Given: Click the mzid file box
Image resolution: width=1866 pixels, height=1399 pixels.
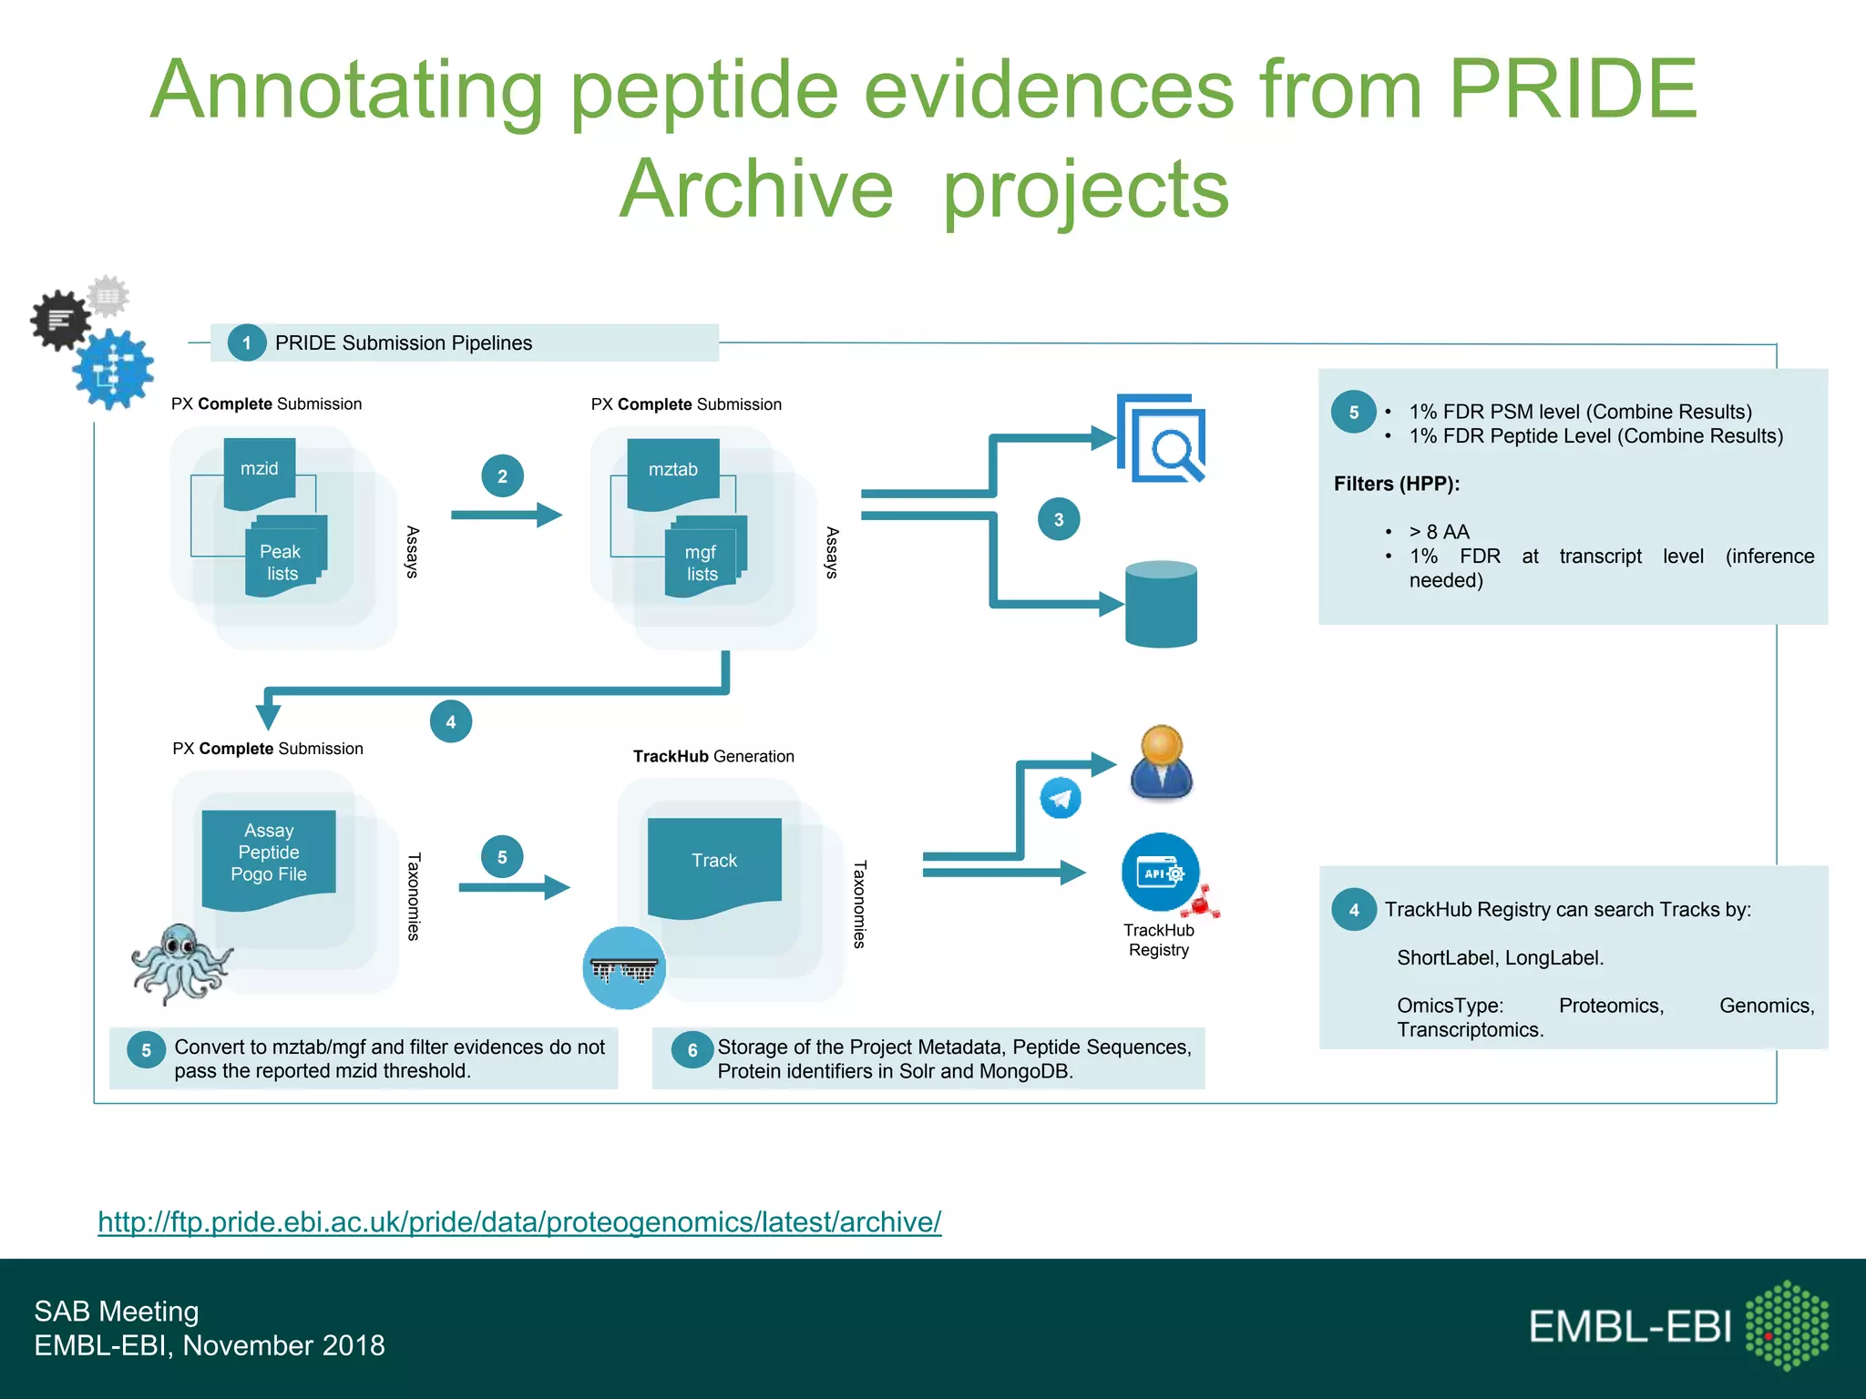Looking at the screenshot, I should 260,470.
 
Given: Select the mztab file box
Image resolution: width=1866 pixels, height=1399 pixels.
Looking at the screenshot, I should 673,471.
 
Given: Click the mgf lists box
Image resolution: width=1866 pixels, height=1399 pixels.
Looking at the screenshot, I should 702,563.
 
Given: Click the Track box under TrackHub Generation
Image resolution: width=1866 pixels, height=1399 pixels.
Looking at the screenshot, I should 714,862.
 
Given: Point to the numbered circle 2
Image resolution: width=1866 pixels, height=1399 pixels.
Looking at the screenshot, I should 502,476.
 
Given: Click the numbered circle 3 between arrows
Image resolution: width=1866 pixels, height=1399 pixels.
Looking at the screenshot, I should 1059,520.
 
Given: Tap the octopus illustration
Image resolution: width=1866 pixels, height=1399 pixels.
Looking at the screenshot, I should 180,964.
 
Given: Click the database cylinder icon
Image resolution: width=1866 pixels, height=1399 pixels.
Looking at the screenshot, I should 1161,605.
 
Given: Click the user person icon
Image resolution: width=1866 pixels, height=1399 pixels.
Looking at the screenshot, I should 1162,763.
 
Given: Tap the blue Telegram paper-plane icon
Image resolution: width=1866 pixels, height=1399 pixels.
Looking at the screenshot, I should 1061,799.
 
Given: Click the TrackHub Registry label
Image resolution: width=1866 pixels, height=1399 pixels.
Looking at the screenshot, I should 1158,940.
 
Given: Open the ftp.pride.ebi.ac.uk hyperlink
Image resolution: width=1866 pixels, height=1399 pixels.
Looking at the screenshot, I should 519,1221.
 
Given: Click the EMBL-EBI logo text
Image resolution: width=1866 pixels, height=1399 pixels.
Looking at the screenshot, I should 1629,1327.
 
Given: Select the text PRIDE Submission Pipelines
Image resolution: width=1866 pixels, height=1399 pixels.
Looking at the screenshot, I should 404,343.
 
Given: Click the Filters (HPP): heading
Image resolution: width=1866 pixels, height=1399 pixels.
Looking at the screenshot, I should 1396,484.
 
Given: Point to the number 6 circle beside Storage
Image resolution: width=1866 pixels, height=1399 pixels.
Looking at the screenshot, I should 692,1050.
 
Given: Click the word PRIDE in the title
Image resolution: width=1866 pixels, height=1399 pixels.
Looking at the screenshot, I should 1573,89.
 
